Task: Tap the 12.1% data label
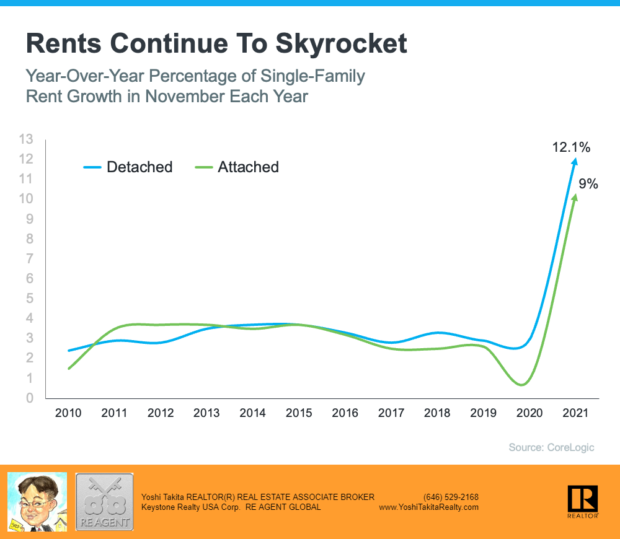(571, 147)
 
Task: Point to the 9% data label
(588, 183)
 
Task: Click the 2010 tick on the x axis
(68, 413)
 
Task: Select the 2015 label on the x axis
(299, 413)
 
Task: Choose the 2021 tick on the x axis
(575, 413)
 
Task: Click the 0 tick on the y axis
(30, 398)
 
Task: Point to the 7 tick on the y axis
(30, 258)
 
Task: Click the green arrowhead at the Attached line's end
(574, 198)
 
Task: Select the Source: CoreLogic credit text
(551, 447)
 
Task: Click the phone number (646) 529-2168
(451, 497)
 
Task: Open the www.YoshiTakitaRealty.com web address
(428, 507)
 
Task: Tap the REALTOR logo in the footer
(582, 501)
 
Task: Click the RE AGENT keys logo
(104, 502)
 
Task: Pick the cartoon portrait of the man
(37, 502)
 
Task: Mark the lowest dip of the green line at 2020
(522, 385)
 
